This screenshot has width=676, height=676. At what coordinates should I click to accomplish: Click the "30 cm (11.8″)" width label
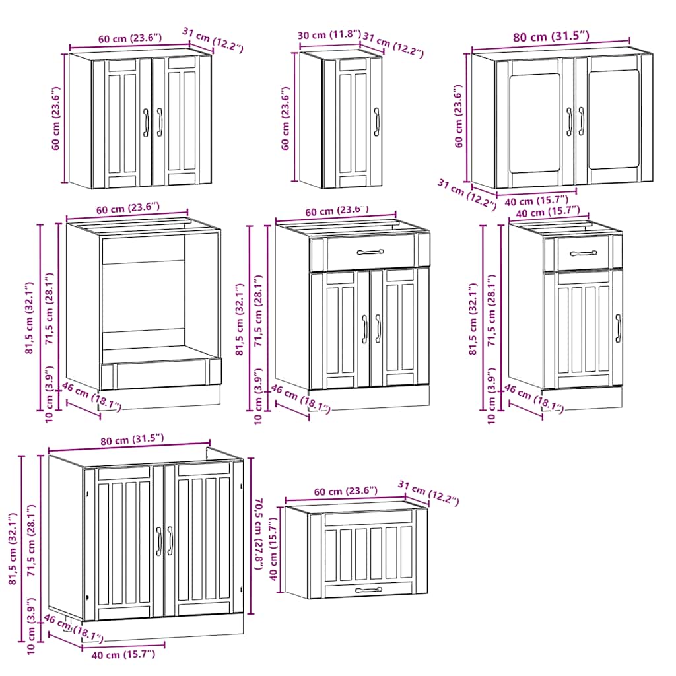click(x=329, y=35)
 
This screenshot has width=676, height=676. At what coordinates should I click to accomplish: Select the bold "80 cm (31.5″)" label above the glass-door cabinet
click(x=552, y=37)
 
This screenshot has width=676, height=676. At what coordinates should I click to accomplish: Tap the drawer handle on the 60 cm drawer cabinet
click(x=370, y=252)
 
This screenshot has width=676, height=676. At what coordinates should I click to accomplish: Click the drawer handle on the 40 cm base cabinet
click(x=583, y=253)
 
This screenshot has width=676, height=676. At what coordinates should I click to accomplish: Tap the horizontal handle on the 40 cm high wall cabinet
click(x=368, y=590)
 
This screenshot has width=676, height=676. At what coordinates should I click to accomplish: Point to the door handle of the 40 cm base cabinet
click(x=618, y=328)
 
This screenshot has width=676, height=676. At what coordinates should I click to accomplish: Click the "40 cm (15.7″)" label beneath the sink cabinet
click(x=123, y=654)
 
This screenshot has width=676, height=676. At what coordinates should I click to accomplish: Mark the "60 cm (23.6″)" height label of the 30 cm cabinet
click(x=286, y=119)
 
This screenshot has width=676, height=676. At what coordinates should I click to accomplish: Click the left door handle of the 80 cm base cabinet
click(x=158, y=541)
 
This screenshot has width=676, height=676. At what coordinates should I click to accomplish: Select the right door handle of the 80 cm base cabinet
click(x=170, y=541)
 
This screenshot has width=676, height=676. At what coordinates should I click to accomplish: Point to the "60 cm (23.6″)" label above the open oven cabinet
click(x=128, y=209)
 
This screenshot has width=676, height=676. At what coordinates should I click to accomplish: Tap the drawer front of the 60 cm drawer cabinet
click(x=370, y=252)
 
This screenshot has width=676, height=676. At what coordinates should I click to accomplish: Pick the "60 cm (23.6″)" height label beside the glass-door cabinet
click(x=458, y=116)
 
